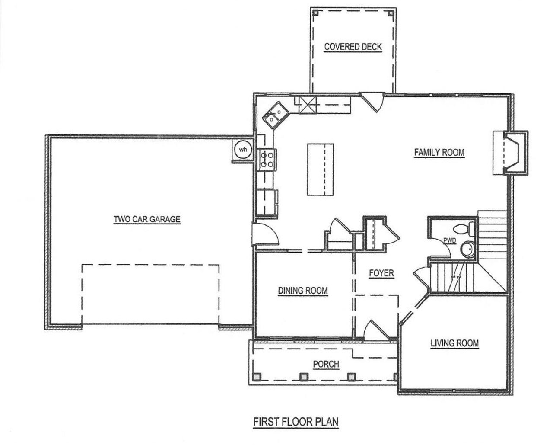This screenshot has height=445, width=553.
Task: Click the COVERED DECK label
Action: (353, 47)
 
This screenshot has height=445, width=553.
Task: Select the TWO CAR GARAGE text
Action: (147, 219)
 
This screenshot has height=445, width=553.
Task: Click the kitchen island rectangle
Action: (321, 170)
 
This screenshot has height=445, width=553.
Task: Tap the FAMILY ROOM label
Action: (439, 152)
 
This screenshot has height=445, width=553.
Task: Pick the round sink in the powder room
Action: (467, 250)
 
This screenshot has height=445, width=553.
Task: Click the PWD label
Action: (450, 241)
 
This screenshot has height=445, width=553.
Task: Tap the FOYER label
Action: (381, 273)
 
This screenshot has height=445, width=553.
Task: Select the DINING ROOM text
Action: (302, 291)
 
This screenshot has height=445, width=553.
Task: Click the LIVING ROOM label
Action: (454, 343)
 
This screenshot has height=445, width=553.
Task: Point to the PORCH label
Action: (326, 364)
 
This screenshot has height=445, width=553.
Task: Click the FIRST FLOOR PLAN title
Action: (296, 421)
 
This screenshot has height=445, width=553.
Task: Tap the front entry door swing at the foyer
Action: (374, 330)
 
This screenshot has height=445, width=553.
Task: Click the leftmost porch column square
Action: (257, 377)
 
